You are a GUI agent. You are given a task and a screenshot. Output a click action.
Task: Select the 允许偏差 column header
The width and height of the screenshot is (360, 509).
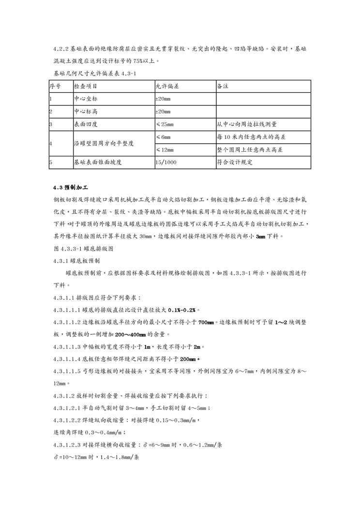point(167,86)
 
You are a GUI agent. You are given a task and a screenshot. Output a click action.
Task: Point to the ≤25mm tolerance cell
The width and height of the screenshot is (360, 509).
point(165,124)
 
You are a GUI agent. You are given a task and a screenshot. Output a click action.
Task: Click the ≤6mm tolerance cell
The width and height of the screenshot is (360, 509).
point(163,137)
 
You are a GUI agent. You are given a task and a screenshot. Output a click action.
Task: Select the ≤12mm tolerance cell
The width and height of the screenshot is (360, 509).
point(165,150)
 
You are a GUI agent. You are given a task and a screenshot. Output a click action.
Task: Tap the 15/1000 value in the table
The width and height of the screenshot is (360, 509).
point(166,163)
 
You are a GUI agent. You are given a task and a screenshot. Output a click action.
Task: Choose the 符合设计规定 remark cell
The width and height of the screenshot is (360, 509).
point(235,163)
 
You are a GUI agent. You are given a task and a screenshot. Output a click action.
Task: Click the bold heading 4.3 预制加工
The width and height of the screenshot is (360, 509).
point(71,187)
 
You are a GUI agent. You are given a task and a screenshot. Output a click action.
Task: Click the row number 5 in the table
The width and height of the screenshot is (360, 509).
point(51,163)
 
